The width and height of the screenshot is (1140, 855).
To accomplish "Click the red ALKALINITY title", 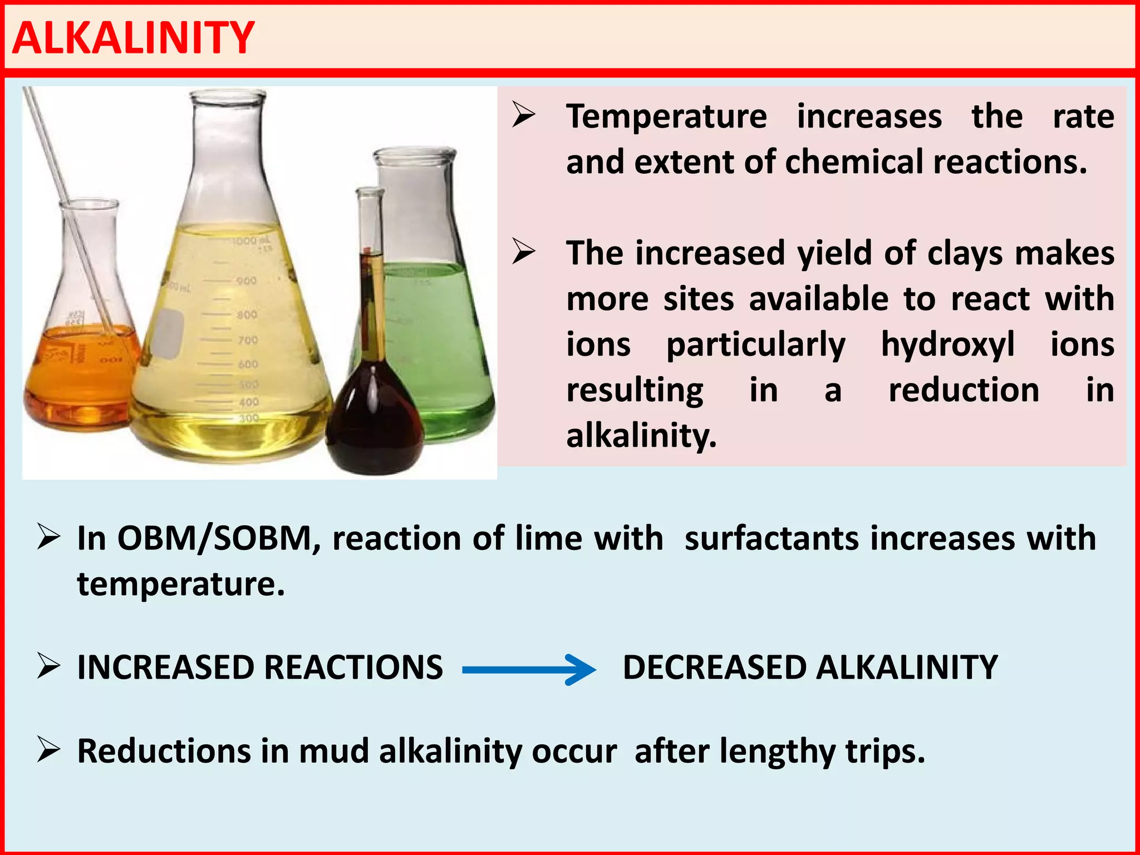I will pos(133,38).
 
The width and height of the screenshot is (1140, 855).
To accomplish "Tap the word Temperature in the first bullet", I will pos(666,117).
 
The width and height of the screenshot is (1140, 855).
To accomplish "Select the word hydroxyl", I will pos(947,345).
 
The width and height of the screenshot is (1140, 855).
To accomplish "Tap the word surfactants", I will pos(772,539).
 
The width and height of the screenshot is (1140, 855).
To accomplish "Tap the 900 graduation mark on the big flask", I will pos(246,281).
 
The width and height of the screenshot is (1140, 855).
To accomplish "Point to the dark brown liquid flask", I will pos(374,423).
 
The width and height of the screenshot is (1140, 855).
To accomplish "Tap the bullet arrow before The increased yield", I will pos(523,252).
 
